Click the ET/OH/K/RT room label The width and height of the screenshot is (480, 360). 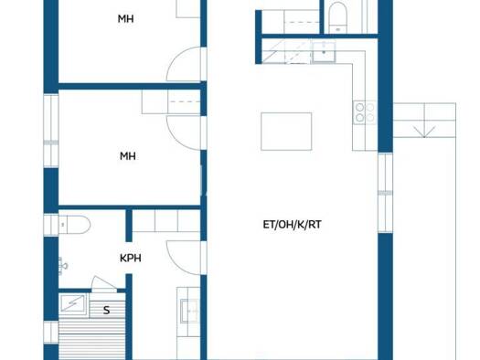tap(292, 225)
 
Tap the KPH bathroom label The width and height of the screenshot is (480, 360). tap(131, 259)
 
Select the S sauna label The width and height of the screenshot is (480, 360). tap(107, 310)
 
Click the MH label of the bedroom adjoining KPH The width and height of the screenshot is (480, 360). tap(128, 156)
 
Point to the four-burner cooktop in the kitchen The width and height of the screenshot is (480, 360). tap(365, 112)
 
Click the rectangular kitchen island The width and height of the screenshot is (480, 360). tap(286, 132)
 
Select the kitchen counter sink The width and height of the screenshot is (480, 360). tap(324, 53)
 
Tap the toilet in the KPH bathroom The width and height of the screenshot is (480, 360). tap(74, 225)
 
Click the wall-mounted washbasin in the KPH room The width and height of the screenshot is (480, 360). tap(63, 265)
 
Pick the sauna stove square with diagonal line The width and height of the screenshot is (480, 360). tap(72, 304)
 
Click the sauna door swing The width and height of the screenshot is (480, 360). tap(104, 283)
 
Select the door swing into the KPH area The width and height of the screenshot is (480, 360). tap(185, 258)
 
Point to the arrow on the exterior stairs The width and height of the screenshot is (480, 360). tap(424, 132)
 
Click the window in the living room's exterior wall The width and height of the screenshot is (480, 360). tap(386, 193)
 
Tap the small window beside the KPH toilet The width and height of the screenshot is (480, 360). tap(51, 225)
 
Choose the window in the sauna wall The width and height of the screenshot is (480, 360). tap(51, 333)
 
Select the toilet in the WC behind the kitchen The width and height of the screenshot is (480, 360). tap(338, 17)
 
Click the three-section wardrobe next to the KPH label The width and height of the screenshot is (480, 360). tap(166, 221)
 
